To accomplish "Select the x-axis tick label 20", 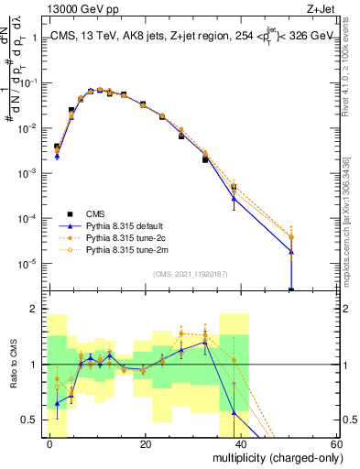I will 146,443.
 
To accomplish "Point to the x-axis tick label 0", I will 49,443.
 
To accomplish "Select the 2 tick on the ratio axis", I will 33,310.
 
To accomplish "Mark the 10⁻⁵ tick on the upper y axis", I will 26,264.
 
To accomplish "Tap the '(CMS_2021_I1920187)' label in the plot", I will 191,273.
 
